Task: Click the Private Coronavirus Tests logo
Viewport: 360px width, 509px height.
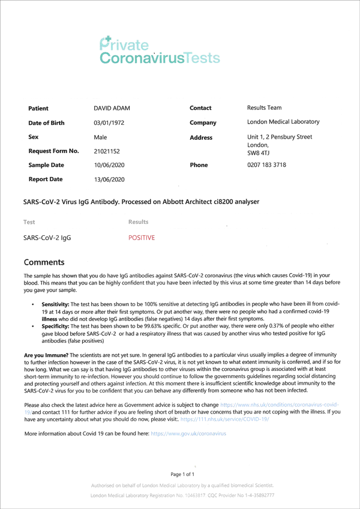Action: pos(160,50)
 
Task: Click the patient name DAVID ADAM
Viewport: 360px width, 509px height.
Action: pos(112,108)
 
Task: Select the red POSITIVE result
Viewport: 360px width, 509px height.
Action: pos(142,238)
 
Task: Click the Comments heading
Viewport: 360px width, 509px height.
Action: pos(47,262)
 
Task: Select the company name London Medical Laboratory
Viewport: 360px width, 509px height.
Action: pos(283,122)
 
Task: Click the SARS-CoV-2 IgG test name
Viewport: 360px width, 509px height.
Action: pos(47,238)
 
